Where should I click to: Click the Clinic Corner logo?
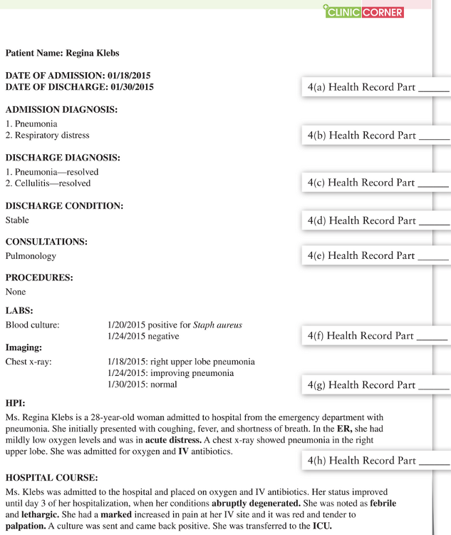pyautogui.click(x=363, y=11)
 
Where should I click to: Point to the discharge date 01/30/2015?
pyautogui.click(x=127, y=87)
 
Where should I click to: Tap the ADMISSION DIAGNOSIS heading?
pyautogui.click(x=61, y=110)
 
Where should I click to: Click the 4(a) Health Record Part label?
pyautogui.click(x=378, y=88)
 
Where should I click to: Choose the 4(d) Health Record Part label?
pyautogui.click(x=378, y=220)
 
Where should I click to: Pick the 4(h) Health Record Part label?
pyautogui.click(x=378, y=461)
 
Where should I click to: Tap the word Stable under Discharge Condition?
pyautogui.click(x=17, y=220)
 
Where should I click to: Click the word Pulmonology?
pyautogui.click(x=31, y=255)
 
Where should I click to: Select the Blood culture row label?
pyautogui.click(x=32, y=325)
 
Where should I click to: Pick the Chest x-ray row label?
pyautogui.click(x=28, y=362)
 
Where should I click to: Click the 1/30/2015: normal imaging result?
pyautogui.click(x=142, y=384)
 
